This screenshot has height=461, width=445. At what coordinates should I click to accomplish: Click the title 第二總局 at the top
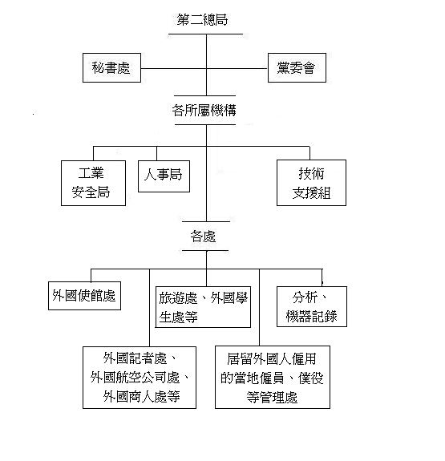202,20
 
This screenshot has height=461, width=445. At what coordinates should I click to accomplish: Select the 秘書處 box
111,67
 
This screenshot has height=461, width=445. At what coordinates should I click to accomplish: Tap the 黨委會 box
297,67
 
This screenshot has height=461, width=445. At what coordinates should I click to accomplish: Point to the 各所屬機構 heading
204,111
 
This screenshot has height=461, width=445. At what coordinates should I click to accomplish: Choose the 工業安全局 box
93,183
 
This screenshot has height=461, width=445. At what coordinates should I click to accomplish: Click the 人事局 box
164,176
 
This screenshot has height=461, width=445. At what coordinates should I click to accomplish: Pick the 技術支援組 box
311,183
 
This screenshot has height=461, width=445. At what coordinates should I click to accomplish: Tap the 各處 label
203,237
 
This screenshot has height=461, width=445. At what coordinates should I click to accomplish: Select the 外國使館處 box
84,296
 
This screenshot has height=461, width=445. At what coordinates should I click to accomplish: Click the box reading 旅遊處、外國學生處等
203,307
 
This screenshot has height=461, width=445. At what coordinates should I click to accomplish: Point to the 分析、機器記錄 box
312,306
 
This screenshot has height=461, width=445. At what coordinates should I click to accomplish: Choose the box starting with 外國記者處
140,378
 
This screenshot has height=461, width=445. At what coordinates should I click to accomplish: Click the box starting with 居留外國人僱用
273,377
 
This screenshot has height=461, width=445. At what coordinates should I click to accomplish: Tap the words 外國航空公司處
135,378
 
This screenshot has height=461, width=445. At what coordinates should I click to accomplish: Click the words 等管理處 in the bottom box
272,397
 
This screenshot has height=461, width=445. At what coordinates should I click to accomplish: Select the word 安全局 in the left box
91,192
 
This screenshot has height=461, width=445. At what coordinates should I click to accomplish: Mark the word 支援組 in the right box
311,193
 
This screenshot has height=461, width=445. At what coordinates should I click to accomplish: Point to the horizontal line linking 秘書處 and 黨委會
204,68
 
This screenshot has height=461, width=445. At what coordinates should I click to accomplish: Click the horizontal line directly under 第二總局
205,34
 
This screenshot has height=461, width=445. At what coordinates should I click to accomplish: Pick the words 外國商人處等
141,397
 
